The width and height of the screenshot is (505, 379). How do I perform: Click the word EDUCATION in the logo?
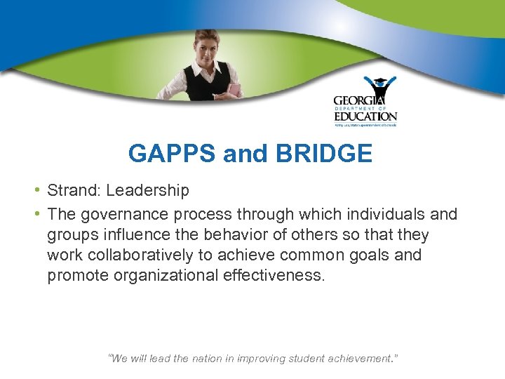tap(365, 117)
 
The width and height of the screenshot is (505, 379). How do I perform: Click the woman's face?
tap(211, 47)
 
